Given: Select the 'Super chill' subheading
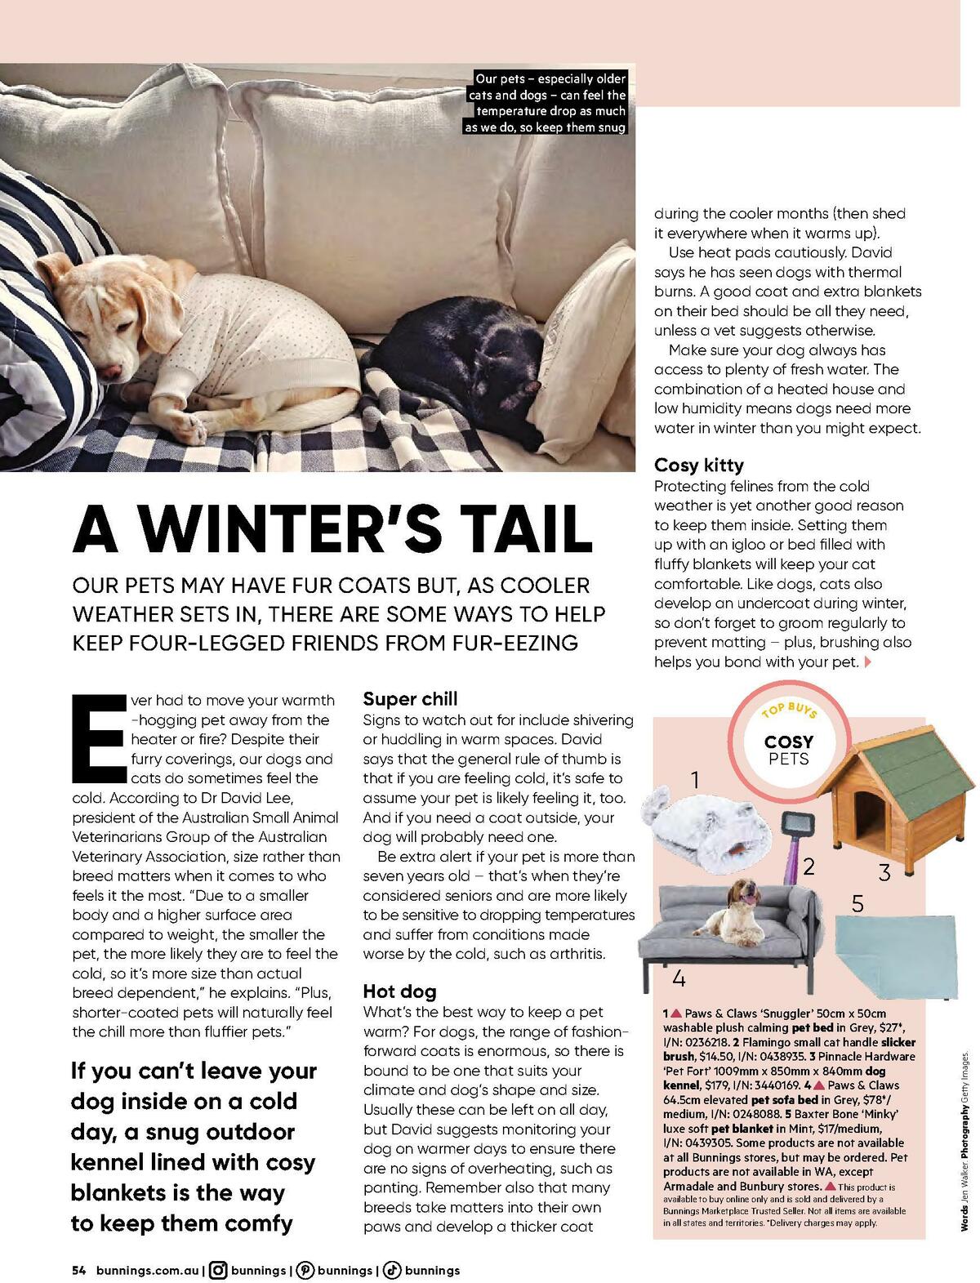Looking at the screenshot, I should point(410,699).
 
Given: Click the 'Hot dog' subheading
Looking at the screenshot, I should point(399,991).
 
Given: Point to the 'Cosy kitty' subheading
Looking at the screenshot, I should point(699,466).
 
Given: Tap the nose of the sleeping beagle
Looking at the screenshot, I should point(111,372).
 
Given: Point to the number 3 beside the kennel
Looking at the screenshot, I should point(884,872).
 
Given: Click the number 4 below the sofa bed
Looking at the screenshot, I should point(679,978).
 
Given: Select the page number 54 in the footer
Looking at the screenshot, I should point(79,1271).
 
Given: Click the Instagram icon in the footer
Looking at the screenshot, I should point(218,1270).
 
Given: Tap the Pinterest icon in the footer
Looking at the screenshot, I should point(305,1270).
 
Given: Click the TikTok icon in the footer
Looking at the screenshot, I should point(392,1270).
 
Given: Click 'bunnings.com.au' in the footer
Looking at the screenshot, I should point(147,1271).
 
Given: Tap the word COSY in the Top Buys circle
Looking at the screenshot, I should point(788,742).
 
